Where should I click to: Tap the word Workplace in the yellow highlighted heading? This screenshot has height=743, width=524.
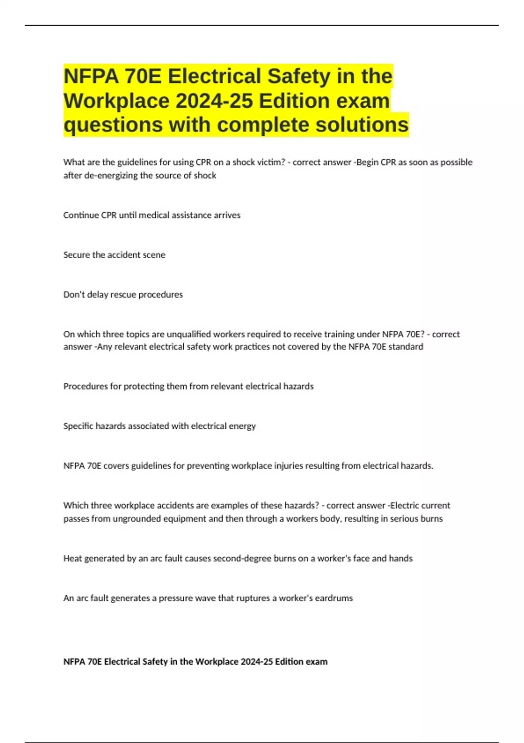coord(117,101)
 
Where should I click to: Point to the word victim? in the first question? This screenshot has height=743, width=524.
coord(271,162)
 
